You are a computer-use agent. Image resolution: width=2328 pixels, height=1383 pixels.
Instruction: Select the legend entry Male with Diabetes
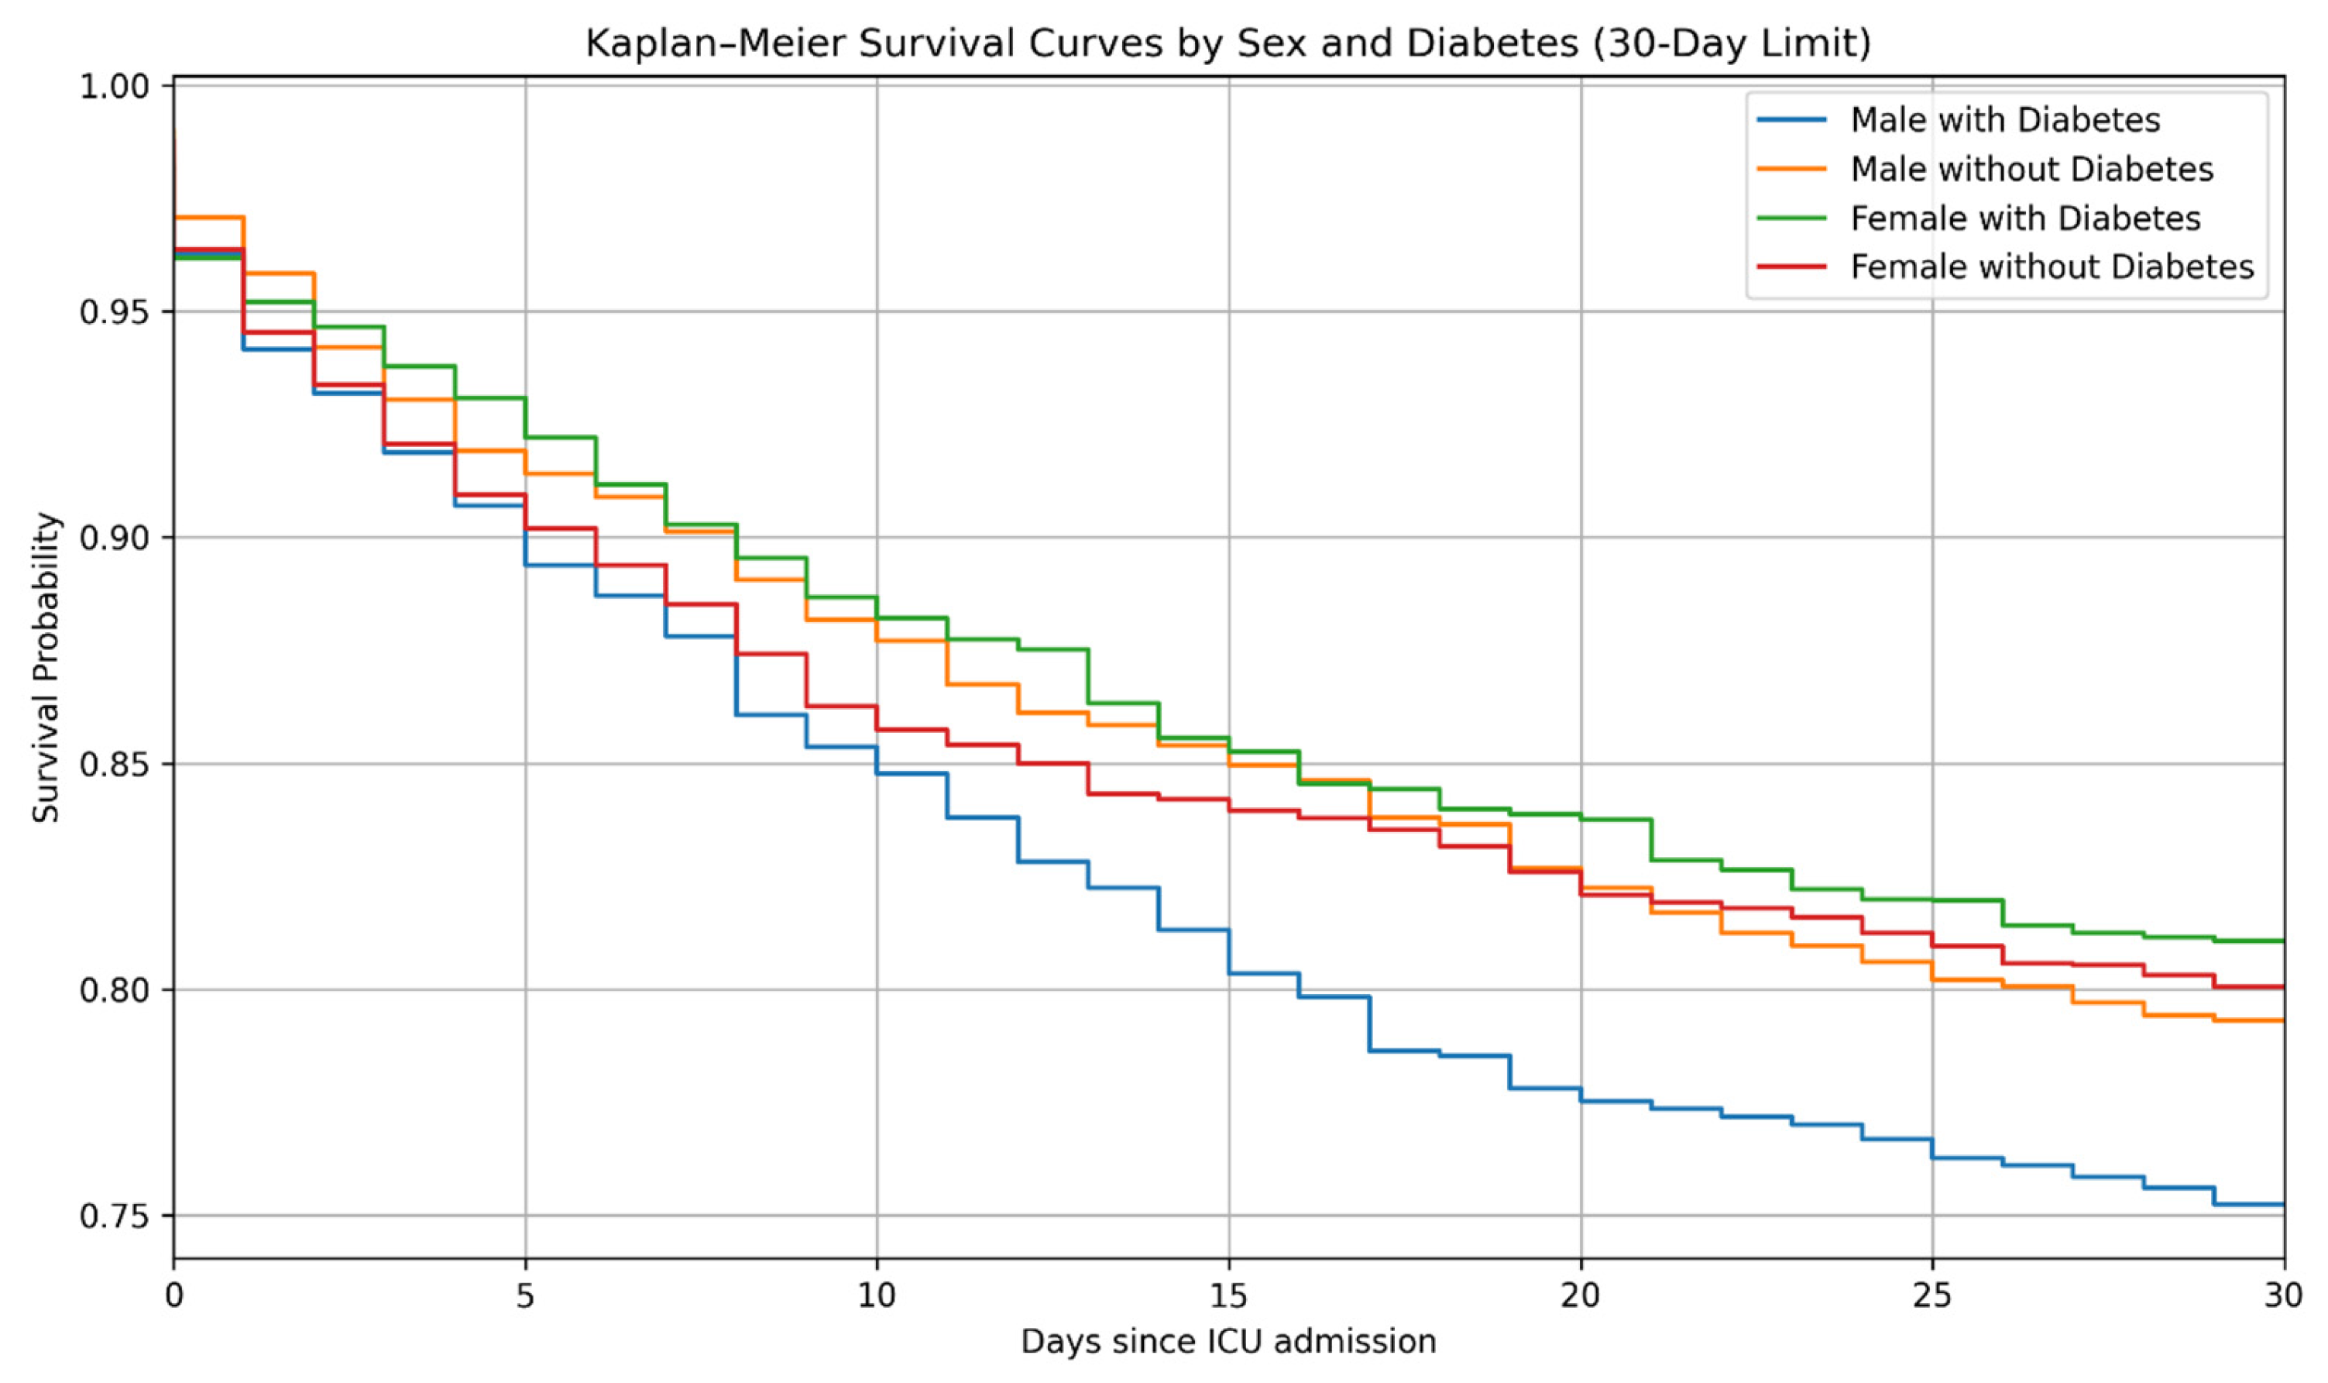2005,120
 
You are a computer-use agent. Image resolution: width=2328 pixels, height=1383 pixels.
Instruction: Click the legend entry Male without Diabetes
2031,170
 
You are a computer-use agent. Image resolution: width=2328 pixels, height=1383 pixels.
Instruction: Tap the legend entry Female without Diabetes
2052,267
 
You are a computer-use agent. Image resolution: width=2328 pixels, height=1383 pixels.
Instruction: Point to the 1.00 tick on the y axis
114,87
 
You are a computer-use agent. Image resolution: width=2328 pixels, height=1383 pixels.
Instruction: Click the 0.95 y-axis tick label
114,312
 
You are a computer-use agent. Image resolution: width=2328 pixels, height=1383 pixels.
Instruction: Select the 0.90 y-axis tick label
114,538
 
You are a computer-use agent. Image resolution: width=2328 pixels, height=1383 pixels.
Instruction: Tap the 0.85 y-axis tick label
114,764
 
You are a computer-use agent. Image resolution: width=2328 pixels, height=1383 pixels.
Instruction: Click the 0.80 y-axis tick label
114,989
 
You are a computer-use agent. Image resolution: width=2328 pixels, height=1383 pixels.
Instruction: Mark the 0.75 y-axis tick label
114,1216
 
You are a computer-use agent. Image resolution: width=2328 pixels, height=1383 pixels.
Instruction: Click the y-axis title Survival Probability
46,667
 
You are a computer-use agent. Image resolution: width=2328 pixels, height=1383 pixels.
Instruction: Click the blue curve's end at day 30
2282,1205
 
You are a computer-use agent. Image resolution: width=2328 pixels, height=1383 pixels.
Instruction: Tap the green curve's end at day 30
2282,941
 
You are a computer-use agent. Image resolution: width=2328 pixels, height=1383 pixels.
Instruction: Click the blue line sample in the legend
1791,120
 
